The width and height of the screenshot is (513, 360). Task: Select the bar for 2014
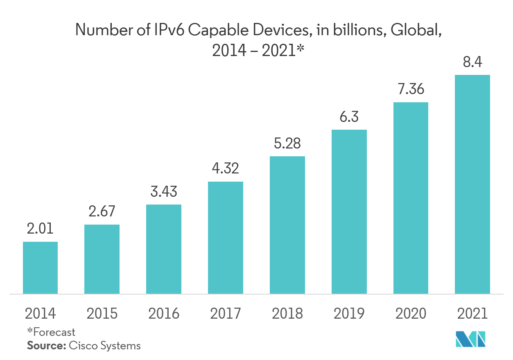pyautogui.click(x=40, y=268)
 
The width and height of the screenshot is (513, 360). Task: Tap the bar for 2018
pyautogui.click(x=287, y=225)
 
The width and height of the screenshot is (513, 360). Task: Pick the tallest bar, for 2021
pyautogui.click(x=472, y=184)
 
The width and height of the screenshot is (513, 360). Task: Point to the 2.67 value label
pyautogui.click(x=102, y=211)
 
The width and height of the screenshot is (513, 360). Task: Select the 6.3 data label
pyautogui.click(x=349, y=117)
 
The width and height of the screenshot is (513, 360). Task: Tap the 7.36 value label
pyautogui.click(x=411, y=89)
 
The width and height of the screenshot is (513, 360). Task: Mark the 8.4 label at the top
pyautogui.click(x=472, y=62)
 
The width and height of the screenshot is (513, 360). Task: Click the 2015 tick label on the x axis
pyautogui.click(x=102, y=314)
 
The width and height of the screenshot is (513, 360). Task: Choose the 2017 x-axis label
pyautogui.click(x=225, y=314)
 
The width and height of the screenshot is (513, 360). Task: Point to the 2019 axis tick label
pyautogui.click(x=349, y=314)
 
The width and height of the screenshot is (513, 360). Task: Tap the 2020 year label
pyautogui.click(x=411, y=314)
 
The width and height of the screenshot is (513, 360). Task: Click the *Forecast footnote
pyautogui.click(x=51, y=332)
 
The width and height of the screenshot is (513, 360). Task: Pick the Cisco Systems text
pyautogui.click(x=105, y=346)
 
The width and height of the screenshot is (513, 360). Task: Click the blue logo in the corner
pyautogui.click(x=470, y=339)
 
